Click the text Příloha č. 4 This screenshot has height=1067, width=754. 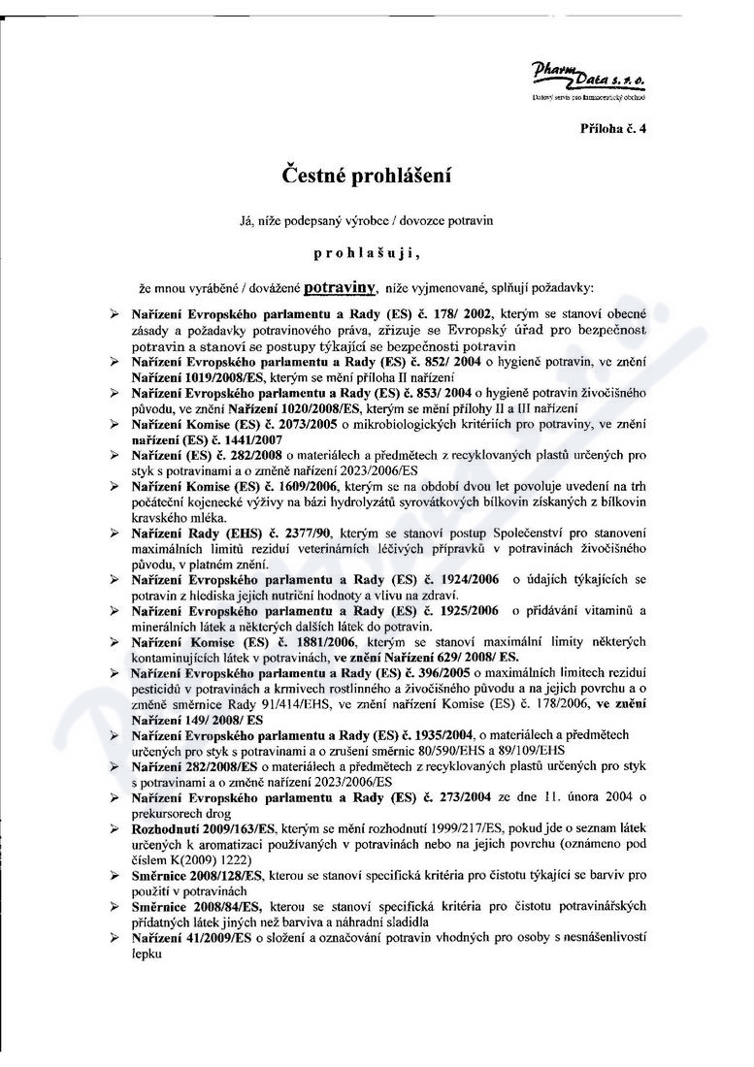coord(612,128)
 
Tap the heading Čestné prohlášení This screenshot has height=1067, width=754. coord(366,177)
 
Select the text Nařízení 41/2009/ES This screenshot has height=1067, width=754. coord(192,939)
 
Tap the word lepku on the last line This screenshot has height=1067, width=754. coord(147,954)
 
